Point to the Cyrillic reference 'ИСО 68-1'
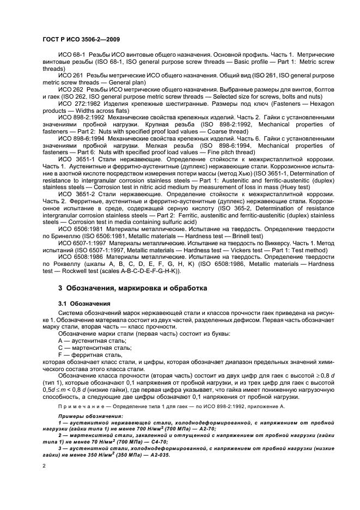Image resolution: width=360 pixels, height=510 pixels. pyautogui.click(x=70, y=57)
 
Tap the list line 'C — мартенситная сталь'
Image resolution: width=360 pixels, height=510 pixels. pyautogui.click(x=94, y=347)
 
